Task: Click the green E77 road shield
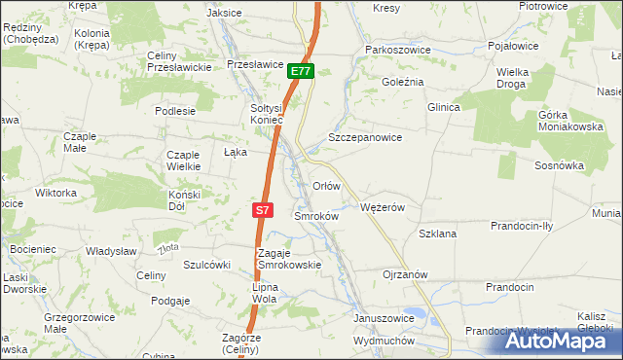301,72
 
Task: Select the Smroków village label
315,216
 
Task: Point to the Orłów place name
325,185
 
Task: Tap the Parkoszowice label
396,49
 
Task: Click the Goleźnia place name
403,82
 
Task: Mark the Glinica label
442,107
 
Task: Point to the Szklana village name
437,234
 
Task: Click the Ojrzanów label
406,274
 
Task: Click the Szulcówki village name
206,265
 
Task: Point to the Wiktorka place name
55,193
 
